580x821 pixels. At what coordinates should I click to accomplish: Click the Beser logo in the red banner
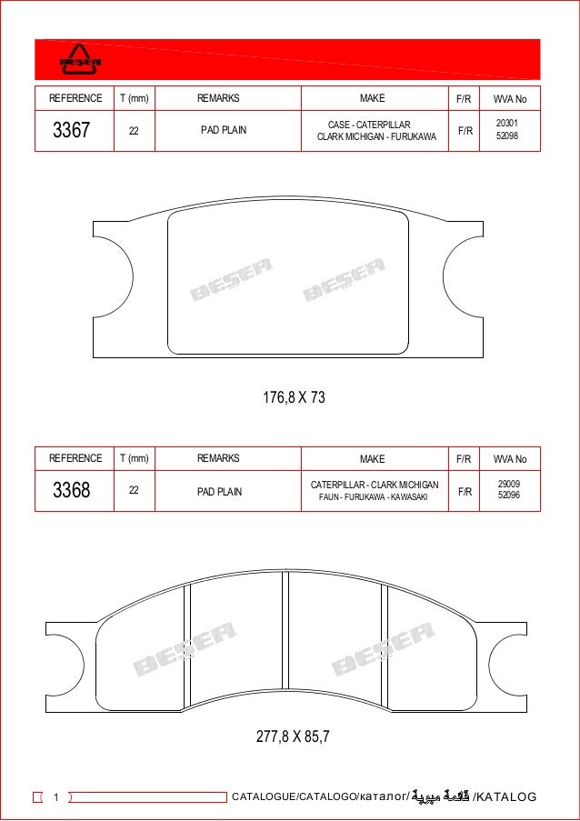80,59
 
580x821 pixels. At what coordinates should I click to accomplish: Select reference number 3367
71,130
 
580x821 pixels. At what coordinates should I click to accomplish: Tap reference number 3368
71,491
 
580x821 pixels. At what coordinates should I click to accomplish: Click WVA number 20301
507,124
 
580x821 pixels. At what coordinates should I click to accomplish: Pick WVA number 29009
509,485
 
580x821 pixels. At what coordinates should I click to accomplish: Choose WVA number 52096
509,496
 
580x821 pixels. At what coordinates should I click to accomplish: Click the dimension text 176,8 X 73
294,397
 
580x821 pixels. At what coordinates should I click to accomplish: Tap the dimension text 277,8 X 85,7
293,736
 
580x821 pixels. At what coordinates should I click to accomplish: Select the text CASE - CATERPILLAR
369,125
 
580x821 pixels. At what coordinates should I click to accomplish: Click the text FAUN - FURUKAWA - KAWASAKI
374,497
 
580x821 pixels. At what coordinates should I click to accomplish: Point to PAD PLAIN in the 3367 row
224,130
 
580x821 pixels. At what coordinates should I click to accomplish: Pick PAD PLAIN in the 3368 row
220,491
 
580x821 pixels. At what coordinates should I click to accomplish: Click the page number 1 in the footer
55,797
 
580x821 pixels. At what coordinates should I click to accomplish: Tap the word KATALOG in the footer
507,797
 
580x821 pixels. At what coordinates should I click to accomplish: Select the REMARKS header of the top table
218,98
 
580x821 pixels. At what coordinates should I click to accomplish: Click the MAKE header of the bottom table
372,459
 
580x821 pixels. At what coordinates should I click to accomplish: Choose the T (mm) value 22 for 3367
134,130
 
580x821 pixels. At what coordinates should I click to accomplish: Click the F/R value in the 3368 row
465,491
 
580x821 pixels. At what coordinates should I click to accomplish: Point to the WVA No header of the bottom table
510,459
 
